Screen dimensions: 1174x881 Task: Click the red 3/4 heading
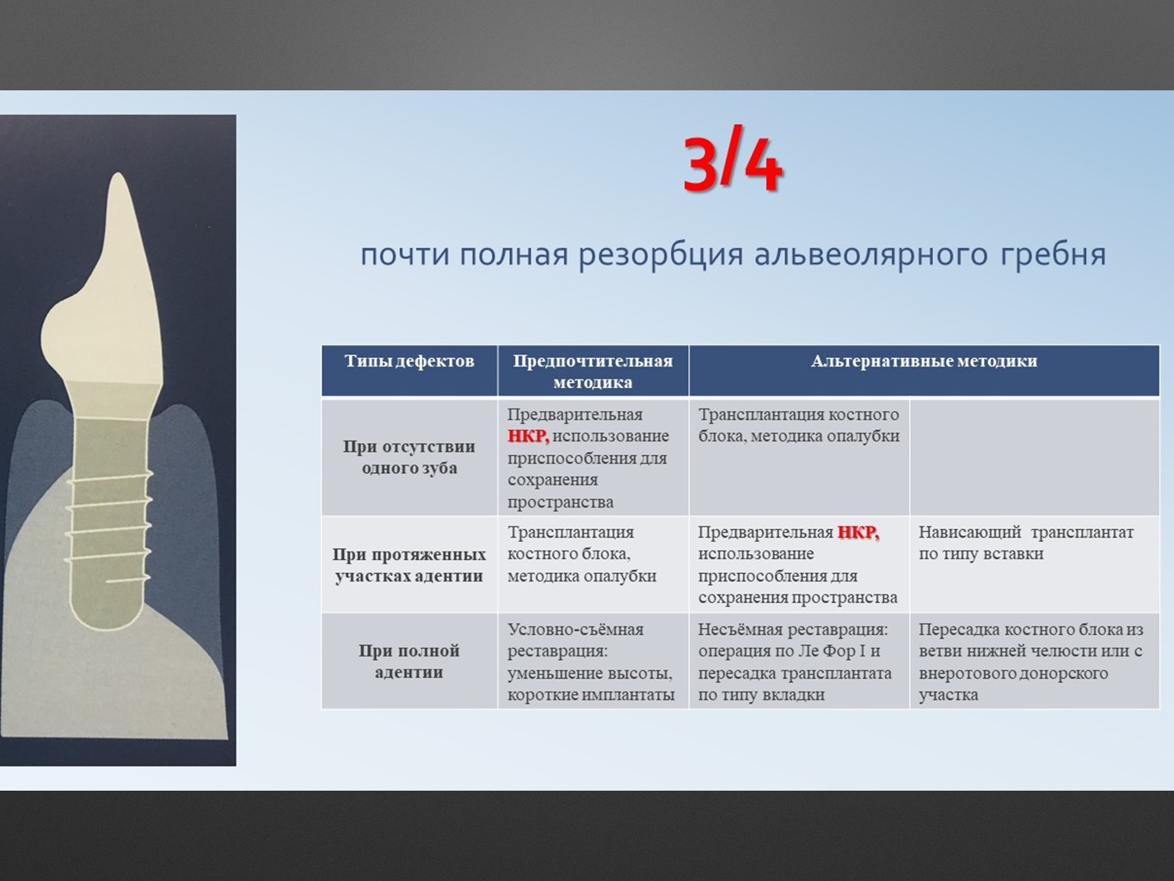732,164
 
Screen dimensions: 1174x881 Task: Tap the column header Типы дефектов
409,361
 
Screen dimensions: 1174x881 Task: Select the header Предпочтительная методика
593,371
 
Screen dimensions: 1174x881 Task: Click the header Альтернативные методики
924,361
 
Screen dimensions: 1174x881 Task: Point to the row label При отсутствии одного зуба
409,458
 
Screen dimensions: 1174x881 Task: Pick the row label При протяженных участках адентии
409,565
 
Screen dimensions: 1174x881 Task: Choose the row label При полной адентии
409,662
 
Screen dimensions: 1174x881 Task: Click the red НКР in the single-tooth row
528,436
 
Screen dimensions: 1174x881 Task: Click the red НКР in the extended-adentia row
858,533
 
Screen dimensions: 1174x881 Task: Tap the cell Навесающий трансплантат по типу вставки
1026,543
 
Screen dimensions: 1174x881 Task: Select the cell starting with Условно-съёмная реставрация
591,662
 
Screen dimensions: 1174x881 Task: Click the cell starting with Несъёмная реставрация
795,662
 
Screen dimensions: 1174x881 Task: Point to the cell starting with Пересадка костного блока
1031,662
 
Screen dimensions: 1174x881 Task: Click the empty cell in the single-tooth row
1035,458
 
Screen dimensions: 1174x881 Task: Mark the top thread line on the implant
110,478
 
